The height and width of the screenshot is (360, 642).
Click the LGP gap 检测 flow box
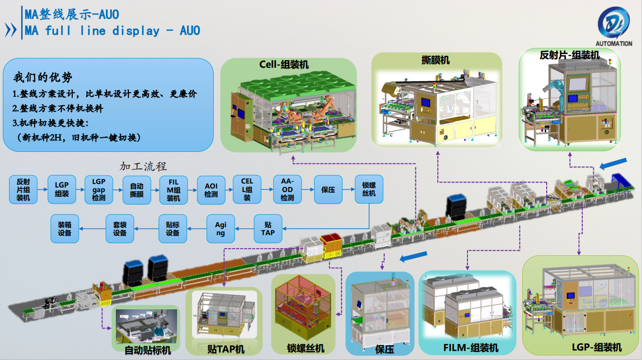pyautogui.click(x=99, y=190)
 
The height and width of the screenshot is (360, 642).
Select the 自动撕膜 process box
pyautogui.click(x=137, y=190)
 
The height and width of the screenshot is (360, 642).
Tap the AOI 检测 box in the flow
pyautogui.click(x=211, y=190)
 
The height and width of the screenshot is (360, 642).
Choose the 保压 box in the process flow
pyautogui.click(x=328, y=190)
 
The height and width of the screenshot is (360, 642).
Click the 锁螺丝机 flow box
pyautogui.click(x=369, y=190)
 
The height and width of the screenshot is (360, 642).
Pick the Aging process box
pyautogui.click(x=221, y=229)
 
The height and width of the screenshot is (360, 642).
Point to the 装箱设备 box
pyautogui.click(x=65, y=229)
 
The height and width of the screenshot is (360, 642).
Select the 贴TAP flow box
pyautogui.click(x=268, y=229)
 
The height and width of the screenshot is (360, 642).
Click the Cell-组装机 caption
pyautogui.click(x=284, y=64)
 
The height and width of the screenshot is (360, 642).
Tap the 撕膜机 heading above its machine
pyautogui.click(x=435, y=60)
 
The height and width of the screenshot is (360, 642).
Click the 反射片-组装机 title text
pyautogui.click(x=569, y=55)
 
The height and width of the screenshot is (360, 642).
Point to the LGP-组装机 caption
pyautogui.click(x=597, y=347)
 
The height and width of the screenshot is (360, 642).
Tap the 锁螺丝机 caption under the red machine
pyautogui.click(x=305, y=348)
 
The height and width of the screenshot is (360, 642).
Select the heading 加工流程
pyautogui.click(x=143, y=166)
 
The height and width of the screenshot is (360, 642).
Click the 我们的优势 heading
pyautogui.click(x=43, y=77)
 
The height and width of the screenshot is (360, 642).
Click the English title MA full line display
pyautogui.click(x=112, y=31)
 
